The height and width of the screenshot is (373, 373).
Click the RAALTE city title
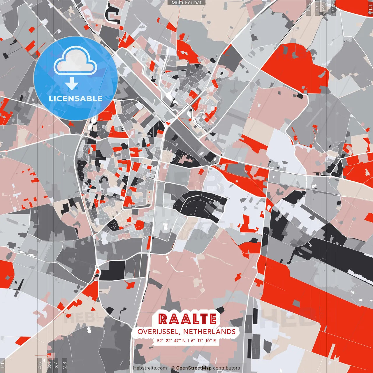(187, 319)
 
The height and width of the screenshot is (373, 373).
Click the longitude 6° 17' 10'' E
(204, 340)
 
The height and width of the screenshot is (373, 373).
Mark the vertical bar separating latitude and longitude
(189, 340)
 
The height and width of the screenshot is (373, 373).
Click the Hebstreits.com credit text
(150, 368)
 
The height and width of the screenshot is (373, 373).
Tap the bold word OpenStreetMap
(194, 368)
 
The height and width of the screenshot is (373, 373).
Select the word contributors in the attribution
(226, 368)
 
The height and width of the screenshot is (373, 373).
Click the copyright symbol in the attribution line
(173, 368)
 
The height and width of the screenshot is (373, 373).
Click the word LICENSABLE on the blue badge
(76, 98)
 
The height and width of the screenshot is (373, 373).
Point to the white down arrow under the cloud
(72, 84)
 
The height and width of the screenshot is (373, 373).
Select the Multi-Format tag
(186, 3)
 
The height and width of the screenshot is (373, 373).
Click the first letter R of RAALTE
(163, 319)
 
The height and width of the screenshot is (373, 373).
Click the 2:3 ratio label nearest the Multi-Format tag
(308, 7)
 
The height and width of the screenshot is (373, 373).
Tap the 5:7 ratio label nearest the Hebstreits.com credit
(56, 364)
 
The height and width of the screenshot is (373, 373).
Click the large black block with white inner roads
(201, 204)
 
